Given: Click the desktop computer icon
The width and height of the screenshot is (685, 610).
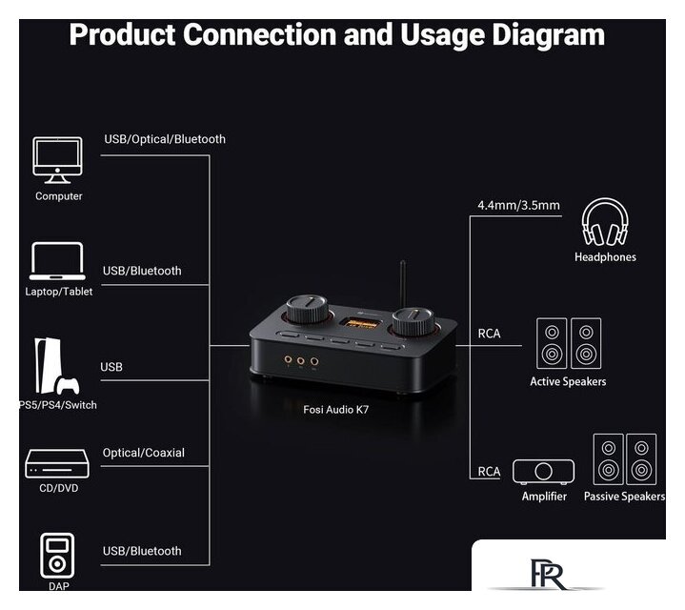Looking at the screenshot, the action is pos(57,160).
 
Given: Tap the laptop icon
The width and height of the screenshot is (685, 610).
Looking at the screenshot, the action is pos(57,261).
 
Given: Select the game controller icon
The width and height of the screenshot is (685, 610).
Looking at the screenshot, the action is pos(68,385).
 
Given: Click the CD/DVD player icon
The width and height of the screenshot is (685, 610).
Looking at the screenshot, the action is pos(57,463).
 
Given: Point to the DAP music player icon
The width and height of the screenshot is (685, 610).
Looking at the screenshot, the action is pos(57,556).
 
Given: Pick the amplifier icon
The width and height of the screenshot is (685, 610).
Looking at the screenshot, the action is pos(543,472).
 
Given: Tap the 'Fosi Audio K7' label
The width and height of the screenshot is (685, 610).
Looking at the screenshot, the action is pos(335,410).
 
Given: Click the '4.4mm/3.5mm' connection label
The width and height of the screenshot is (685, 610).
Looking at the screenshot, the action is pos(518,205).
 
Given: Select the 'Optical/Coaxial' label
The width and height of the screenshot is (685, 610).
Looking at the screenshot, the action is pos(143,453).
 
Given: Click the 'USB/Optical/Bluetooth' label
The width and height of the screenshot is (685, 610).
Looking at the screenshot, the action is pos(165,139).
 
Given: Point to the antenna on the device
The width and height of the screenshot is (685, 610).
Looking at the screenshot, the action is pos(403,284).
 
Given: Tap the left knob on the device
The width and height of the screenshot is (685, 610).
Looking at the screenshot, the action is pos(307,309).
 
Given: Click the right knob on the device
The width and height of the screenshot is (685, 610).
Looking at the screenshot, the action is pos(413,321).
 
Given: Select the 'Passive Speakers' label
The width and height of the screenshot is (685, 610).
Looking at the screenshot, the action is pos(624,497).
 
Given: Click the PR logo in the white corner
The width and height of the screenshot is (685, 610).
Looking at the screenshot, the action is pos(549,573).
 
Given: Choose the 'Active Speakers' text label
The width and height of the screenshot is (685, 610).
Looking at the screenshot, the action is pos(568,381).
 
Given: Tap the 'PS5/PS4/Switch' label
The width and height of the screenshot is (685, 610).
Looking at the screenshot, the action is pos(58,405).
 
